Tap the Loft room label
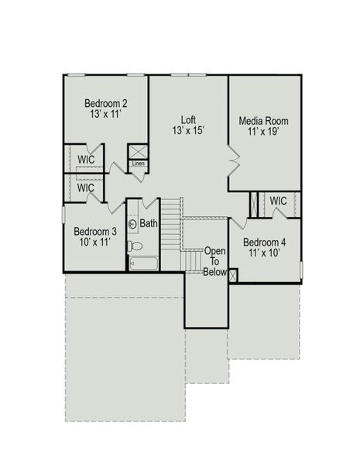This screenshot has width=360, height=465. point(188,119)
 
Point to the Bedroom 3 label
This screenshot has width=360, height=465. point(95,231)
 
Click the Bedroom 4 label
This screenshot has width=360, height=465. point(264,243)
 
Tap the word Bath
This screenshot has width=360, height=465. point(149,224)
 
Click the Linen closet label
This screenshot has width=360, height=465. point(138,164)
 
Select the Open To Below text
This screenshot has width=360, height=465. point(215,262)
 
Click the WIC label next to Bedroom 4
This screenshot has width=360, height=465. point(278,201)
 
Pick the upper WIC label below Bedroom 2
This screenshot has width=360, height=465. point(86,160)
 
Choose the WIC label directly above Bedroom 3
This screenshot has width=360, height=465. point(86,188)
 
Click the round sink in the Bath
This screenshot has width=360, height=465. point(132,225)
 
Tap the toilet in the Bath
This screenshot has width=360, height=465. point(135,246)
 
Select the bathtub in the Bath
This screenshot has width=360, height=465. point(145,263)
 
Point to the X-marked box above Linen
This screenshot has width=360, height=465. point(138,150)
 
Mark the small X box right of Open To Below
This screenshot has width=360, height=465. point(234,275)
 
